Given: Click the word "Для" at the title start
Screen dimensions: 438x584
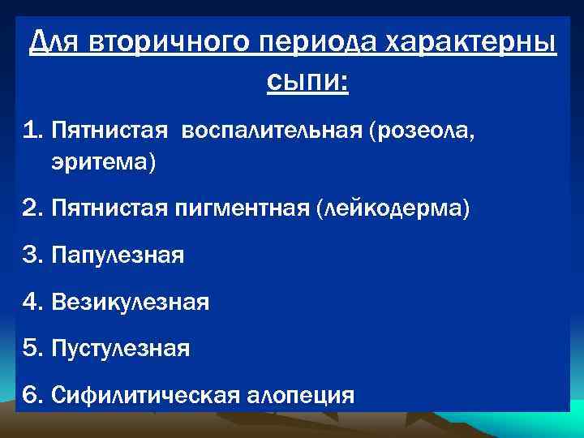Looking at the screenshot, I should click(54, 42).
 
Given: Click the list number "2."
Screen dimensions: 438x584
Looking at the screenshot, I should click(34, 209).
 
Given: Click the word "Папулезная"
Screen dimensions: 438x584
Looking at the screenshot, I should click(118, 256).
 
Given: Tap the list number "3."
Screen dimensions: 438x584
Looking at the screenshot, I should click(34, 256).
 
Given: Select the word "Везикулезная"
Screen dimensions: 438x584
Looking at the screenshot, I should click(130, 303).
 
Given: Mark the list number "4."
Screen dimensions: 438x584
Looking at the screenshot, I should click(34, 303).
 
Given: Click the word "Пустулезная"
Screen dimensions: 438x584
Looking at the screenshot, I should click(120, 349).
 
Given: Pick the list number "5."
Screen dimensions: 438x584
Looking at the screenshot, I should click(34, 349).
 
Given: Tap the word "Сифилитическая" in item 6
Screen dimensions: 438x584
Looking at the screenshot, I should click(144, 395).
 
